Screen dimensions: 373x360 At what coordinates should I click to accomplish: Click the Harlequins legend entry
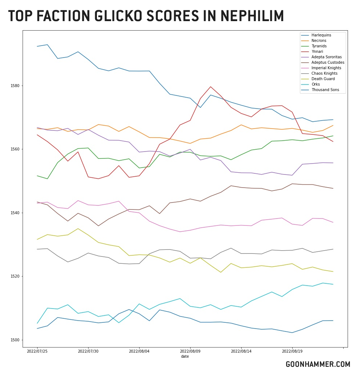click(x=321, y=35)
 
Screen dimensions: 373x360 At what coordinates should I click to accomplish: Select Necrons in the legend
click(x=319, y=41)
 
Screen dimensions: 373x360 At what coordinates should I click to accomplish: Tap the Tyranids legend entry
click(x=319, y=46)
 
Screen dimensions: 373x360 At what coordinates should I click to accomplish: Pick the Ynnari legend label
click(x=317, y=52)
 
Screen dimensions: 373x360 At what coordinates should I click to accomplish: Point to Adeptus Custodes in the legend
click(x=328, y=63)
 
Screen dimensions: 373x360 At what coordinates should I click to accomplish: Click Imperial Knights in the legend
click(x=326, y=68)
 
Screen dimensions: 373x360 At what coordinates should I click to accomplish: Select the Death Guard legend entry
click(x=323, y=79)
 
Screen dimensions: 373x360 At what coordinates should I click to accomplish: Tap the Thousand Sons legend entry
click(x=325, y=90)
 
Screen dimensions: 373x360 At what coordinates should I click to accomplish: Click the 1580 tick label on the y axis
click(x=16, y=86)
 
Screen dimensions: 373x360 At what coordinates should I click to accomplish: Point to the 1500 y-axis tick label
click(x=16, y=340)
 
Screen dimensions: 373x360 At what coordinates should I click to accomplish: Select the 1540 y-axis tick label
click(x=16, y=213)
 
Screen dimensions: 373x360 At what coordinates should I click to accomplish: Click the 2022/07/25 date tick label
click(x=37, y=352)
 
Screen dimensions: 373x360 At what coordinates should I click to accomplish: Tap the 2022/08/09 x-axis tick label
click(x=190, y=352)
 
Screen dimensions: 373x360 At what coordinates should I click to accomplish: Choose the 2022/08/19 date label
click(x=292, y=352)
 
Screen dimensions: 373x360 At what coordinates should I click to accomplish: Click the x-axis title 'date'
click(x=185, y=357)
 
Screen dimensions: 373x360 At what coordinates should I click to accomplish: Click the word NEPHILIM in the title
click(x=252, y=16)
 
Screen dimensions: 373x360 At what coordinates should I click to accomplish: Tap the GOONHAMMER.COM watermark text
click(x=318, y=364)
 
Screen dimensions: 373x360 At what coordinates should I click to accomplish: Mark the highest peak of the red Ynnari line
click(x=211, y=87)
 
